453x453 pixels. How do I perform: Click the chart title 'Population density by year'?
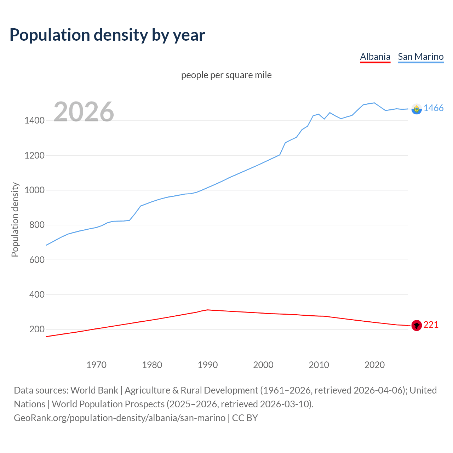point(107,35)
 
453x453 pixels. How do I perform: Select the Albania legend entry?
point(375,57)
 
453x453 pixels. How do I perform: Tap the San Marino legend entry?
point(420,57)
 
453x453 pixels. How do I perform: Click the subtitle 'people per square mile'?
point(226,75)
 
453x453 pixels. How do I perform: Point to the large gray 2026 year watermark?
point(84,112)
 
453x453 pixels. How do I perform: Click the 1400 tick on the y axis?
point(34,121)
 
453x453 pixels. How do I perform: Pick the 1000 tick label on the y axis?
point(34,190)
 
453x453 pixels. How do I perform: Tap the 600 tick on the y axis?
point(37,260)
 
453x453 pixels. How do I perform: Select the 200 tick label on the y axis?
point(37,329)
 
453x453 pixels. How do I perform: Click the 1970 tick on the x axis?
point(96,365)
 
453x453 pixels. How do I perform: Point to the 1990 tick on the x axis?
point(208,365)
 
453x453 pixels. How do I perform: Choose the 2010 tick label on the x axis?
point(319,365)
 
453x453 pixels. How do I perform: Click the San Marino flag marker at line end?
point(417,109)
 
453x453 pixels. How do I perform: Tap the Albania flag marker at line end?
point(417,325)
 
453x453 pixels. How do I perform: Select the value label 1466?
point(434,108)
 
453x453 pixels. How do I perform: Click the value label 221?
point(431,325)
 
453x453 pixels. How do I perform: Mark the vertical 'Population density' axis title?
point(15,219)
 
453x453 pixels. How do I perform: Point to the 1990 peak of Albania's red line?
point(207,310)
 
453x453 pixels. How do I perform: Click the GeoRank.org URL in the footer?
point(120,418)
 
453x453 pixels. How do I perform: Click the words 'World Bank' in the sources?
point(94,390)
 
